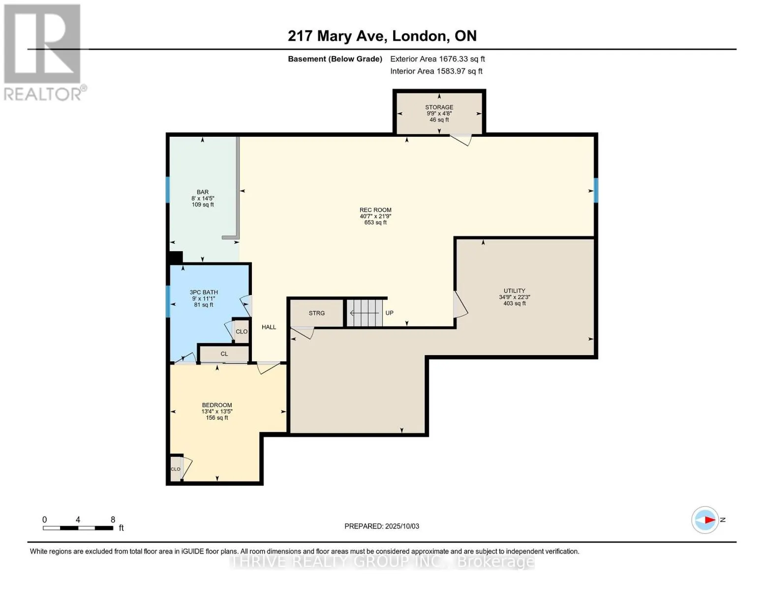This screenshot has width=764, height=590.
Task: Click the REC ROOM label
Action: [x=375, y=210]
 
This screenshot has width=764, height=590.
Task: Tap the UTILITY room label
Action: [x=515, y=291]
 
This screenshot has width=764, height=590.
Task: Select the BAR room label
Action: [x=203, y=192]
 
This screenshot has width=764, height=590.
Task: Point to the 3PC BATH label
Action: [x=204, y=292]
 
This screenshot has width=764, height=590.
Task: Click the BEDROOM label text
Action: [x=217, y=405]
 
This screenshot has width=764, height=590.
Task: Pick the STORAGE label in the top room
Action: [x=439, y=107]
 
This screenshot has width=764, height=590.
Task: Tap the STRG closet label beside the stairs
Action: [x=316, y=313]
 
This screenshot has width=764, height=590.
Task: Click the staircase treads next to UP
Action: [x=365, y=313]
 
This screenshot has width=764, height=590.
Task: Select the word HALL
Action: [x=269, y=327]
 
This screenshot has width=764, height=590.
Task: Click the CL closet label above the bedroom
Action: [x=224, y=354]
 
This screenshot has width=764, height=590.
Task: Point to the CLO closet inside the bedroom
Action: [x=176, y=469]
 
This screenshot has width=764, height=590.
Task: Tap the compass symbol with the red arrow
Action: [x=705, y=520]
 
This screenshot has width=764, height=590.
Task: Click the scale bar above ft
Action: [x=78, y=528]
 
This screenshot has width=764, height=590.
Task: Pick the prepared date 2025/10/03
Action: [x=402, y=526]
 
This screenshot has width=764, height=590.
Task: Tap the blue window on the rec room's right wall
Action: [x=596, y=190]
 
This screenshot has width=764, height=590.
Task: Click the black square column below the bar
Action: [x=176, y=258]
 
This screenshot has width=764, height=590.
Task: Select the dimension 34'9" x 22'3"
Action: [x=515, y=297]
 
